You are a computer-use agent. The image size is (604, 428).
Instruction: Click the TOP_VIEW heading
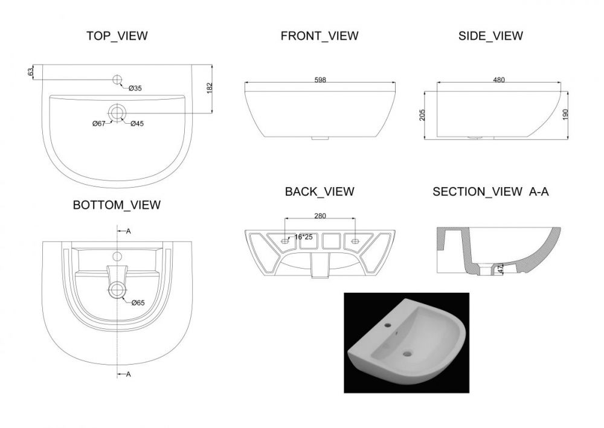[117, 36]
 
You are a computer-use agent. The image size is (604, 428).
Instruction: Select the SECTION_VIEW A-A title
[490, 191]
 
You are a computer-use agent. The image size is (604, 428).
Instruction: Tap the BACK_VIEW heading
[320, 191]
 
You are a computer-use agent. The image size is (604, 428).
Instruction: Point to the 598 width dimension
[320, 80]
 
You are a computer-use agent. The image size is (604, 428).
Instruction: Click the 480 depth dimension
[499, 80]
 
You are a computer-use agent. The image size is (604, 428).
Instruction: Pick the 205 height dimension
[422, 115]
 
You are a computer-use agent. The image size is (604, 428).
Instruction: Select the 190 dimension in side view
[565, 114]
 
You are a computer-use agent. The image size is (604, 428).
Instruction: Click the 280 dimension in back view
[320, 216]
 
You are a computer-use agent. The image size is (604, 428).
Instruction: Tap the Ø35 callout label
[135, 88]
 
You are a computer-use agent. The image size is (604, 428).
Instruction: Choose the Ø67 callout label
[99, 124]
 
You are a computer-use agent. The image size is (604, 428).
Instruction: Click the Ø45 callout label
[137, 124]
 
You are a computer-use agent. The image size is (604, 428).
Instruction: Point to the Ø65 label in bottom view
[138, 303]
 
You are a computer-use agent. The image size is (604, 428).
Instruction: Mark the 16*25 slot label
[304, 237]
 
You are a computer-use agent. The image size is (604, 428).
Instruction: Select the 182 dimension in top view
[210, 88]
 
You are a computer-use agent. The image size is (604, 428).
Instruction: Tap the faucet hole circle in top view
[117, 80]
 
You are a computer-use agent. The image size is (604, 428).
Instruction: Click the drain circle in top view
[117, 113]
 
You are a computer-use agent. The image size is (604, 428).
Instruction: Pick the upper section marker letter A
[129, 231]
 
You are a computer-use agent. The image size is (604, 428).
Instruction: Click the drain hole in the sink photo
[407, 352]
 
